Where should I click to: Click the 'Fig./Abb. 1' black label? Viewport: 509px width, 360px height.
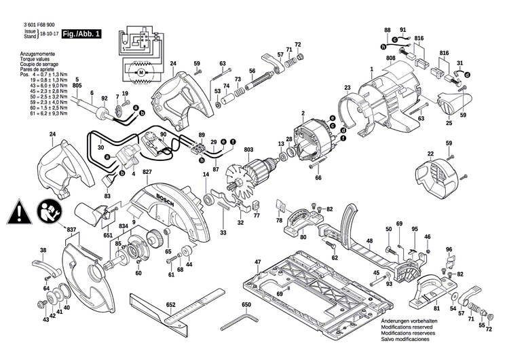[x=81, y=33]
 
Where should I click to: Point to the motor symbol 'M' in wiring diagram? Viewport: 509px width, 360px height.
[x=141, y=71]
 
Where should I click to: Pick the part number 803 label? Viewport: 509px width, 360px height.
[x=250, y=149]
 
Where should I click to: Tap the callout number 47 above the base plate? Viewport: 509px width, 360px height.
[x=258, y=262]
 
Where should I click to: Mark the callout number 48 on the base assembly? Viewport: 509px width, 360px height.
[x=370, y=240]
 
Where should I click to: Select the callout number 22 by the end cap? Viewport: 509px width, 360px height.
[x=430, y=154]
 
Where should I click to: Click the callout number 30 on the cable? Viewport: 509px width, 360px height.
[x=101, y=147]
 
